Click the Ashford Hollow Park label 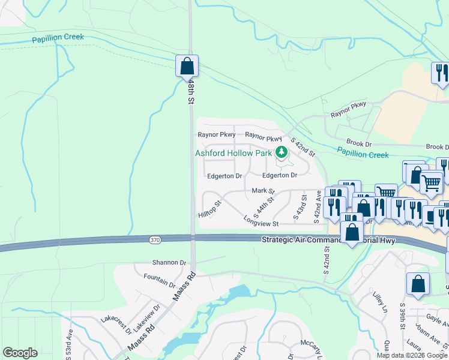pos(234,153)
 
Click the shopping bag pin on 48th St pos(187,66)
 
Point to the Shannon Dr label pos(169,263)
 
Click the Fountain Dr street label pos(160,280)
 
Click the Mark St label pos(263,191)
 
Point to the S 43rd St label pos(299,206)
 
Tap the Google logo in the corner pos(20,353)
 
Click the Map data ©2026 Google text pos(412,355)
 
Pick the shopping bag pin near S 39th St pos(418,284)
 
